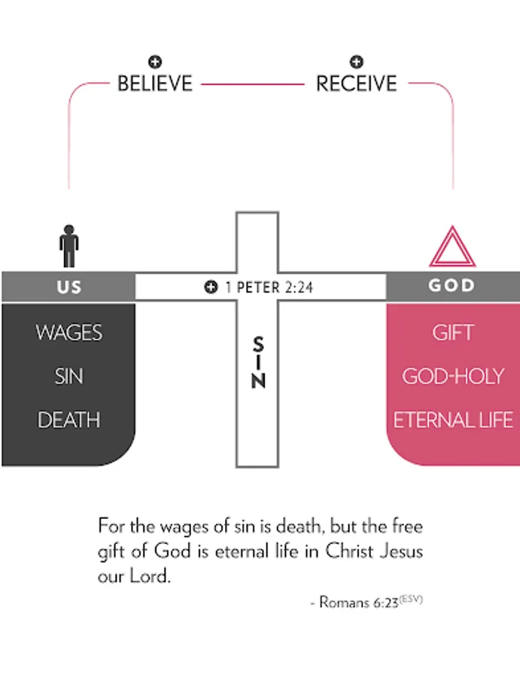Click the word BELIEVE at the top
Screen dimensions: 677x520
point(155,83)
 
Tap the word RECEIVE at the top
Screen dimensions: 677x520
point(356,83)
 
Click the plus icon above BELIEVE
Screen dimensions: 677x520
point(155,62)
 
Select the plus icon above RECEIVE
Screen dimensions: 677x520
point(357,62)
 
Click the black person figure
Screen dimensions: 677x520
point(69,245)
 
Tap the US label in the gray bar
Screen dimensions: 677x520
point(68,287)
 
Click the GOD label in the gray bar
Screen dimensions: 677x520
point(452,286)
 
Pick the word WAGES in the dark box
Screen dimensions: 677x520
point(68,332)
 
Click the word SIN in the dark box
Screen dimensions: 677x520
point(68,376)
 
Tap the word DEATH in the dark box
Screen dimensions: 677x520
point(68,420)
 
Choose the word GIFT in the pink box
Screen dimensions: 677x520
point(452,332)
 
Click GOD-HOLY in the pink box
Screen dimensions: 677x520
point(452,376)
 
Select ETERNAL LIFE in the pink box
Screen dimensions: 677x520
point(453,420)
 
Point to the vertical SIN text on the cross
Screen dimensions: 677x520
point(258,363)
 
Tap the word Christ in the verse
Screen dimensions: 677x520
point(350,551)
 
